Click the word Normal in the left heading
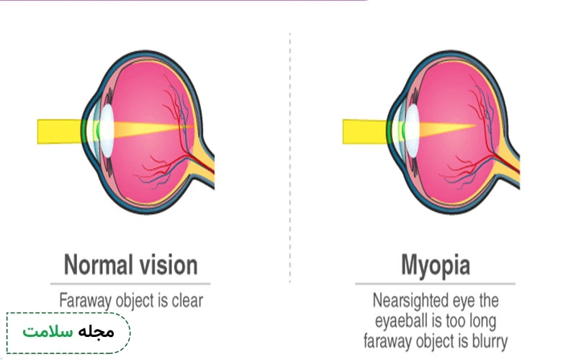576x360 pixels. (x=98, y=264)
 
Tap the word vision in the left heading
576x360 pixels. (x=168, y=264)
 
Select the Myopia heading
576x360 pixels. (x=436, y=266)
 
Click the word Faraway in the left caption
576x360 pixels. (x=85, y=301)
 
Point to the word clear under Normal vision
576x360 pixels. (x=187, y=300)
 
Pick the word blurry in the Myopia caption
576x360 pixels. (x=490, y=341)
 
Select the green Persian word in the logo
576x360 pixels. (x=48, y=332)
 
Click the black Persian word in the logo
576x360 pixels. (x=96, y=332)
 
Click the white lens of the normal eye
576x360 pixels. (x=107, y=131)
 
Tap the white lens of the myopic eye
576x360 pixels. (x=412, y=131)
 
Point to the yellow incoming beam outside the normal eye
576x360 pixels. (x=60, y=132)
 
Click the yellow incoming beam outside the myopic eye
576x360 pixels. (x=365, y=132)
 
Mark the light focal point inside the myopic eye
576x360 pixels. (x=475, y=125)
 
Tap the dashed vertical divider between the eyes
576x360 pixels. (x=290, y=157)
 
